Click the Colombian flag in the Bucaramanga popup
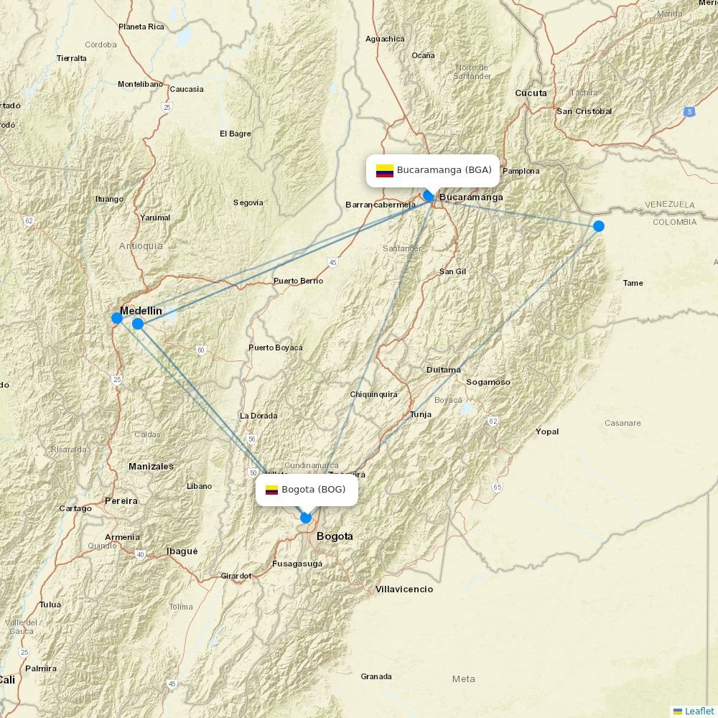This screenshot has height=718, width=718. pyautogui.click(x=385, y=171)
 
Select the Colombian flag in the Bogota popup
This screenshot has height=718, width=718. pyautogui.click(x=271, y=490)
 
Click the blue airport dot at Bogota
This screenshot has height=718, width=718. pyautogui.click(x=306, y=518)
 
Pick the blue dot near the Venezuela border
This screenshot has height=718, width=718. pyautogui.click(x=598, y=226)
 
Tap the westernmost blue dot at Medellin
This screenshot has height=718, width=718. pyautogui.click(x=117, y=318)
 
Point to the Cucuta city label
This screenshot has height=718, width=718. pyautogui.click(x=531, y=93)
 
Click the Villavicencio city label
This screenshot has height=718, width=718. pyautogui.click(x=404, y=589)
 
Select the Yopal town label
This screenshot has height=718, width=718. pyautogui.click(x=547, y=432)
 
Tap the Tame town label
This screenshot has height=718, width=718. pyautogui.click(x=633, y=283)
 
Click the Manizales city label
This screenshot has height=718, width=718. pyautogui.click(x=151, y=467)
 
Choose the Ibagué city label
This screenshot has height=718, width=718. pyautogui.click(x=182, y=551)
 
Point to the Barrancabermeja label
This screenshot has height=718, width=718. pyautogui.click(x=381, y=205)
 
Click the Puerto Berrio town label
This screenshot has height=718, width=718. pyautogui.click(x=298, y=281)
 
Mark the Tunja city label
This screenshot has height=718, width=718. pyautogui.click(x=421, y=414)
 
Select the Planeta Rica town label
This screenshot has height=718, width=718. pyautogui.click(x=141, y=27)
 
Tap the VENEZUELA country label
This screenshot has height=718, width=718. pyautogui.click(x=669, y=205)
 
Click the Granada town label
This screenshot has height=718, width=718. pyautogui.click(x=376, y=676)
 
